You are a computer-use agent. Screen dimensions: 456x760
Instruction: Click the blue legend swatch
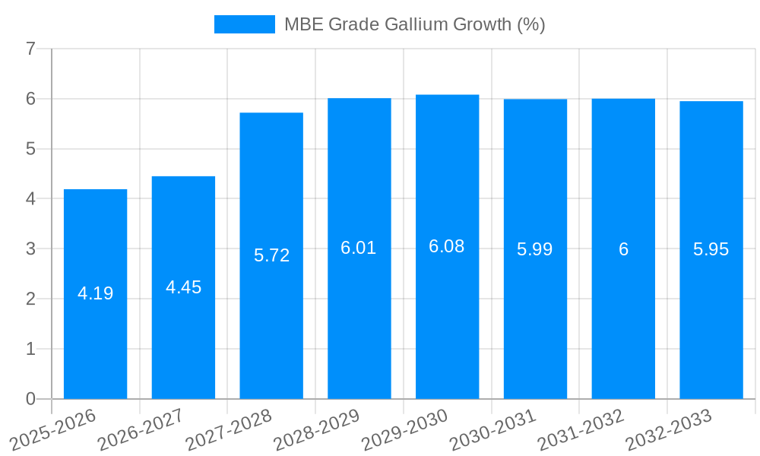click(x=244, y=24)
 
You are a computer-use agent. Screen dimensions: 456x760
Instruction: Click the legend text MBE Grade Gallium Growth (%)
click(x=414, y=24)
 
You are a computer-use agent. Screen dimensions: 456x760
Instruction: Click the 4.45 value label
click(x=183, y=287)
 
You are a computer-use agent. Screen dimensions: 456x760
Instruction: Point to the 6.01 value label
click(x=359, y=248)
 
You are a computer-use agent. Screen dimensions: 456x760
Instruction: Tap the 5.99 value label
click(x=534, y=249)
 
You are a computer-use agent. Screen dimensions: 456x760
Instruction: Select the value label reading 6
click(x=623, y=249)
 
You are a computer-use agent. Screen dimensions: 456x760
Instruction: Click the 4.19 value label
click(x=95, y=293)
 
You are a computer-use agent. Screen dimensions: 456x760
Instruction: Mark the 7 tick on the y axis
click(x=30, y=49)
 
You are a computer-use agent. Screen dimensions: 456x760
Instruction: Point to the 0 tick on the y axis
click(x=30, y=399)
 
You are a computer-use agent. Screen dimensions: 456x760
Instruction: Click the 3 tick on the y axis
click(x=30, y=249)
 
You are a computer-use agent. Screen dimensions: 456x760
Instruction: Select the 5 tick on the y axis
click(x=30, y=149)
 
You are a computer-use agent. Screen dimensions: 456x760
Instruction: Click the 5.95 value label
click(x=711, y=249)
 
